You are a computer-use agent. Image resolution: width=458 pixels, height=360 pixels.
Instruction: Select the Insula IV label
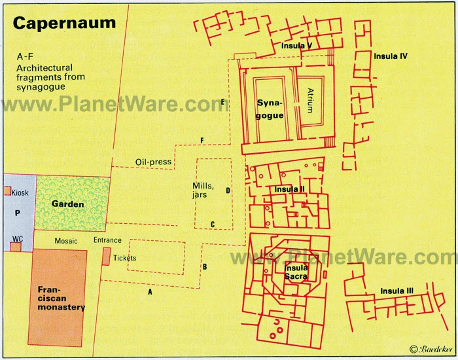pyautogui.click(x=391, y=56)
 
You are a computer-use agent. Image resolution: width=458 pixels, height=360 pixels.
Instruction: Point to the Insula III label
pyautogui.click(x=396, y=291)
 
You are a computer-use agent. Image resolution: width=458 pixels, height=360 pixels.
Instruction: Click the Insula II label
pyautogui.click(x=290, y=189)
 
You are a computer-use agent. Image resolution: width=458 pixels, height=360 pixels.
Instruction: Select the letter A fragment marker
pyautogui.click(x=150, y=292)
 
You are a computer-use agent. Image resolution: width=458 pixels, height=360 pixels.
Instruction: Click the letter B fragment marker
pyautogui.click(x=204, y=266)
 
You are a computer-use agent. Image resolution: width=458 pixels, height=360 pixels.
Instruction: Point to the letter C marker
pyautogui.click(x=213, y=225)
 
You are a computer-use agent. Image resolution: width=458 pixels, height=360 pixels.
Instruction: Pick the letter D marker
pyautogui.click(x=228, y=191)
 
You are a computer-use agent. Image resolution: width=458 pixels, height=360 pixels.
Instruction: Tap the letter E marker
pyautogui.click(x=223, y=101)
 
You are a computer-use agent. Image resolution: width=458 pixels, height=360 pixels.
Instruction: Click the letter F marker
pyautogui.click(x=202, y=141)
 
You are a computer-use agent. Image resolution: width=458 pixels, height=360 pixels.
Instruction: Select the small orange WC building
pyautogui.click(x=15, y=247)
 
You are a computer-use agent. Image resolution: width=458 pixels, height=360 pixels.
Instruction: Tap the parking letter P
pyautogui.click(x=18, y=213)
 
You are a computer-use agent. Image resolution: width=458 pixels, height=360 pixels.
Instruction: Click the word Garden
pyautogui.click(x=68, y=204)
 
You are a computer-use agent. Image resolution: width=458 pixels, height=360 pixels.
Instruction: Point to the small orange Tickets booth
pyautogui.click(x=106, y=256)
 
